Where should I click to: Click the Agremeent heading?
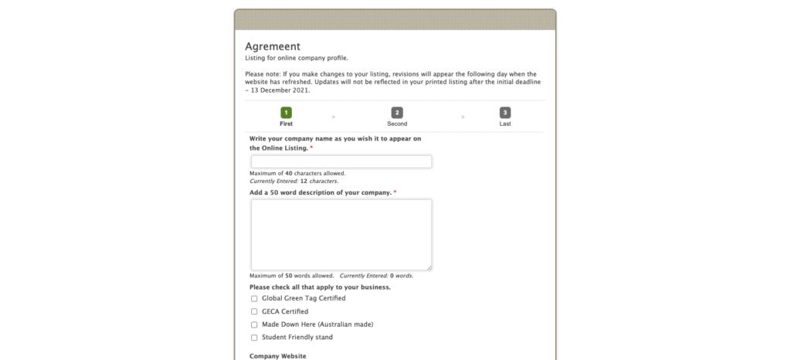click(x=273, y=46)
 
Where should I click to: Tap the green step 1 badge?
click(x=286, y=113)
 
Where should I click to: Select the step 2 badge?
click(x=397, y=113)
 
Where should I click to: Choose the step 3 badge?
click(x=505, y=113)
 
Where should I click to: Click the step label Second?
click(x=397, y=124)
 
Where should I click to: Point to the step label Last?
click(x=505, y=124)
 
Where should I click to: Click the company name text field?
click(x=341, y=161)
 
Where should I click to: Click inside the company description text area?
click(x=341, y=234)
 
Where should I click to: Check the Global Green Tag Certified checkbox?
click(x=254, y=298)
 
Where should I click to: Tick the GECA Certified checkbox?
click(x=254, y=311)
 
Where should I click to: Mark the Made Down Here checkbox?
click(x=254, y=324)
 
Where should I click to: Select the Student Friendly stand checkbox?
click(x=254, y=338)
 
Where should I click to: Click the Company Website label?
click(x=278, y=356)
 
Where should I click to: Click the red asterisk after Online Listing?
click(x=311, y=148)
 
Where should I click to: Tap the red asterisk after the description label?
click(x=395, y=192)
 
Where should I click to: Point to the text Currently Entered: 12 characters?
click(x=283, y=181)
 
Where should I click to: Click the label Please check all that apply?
click(x=320, y=287)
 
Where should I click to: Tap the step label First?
click(x=286, y=124)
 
